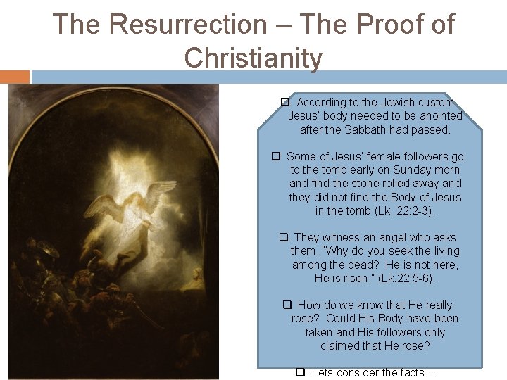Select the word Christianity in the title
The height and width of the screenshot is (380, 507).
(x=254, y=58)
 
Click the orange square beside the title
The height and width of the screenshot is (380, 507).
(x=15, y=77)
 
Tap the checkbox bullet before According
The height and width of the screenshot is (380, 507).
(x=286, y=103)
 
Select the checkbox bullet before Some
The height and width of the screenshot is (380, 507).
(x=277, y=157)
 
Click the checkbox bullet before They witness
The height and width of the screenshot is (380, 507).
(x=284, y=238)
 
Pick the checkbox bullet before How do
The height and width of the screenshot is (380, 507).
(x=287, y=305)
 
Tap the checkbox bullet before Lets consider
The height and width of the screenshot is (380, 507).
(x=300, y=373)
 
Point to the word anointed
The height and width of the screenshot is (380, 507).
(x=439, y=116)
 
